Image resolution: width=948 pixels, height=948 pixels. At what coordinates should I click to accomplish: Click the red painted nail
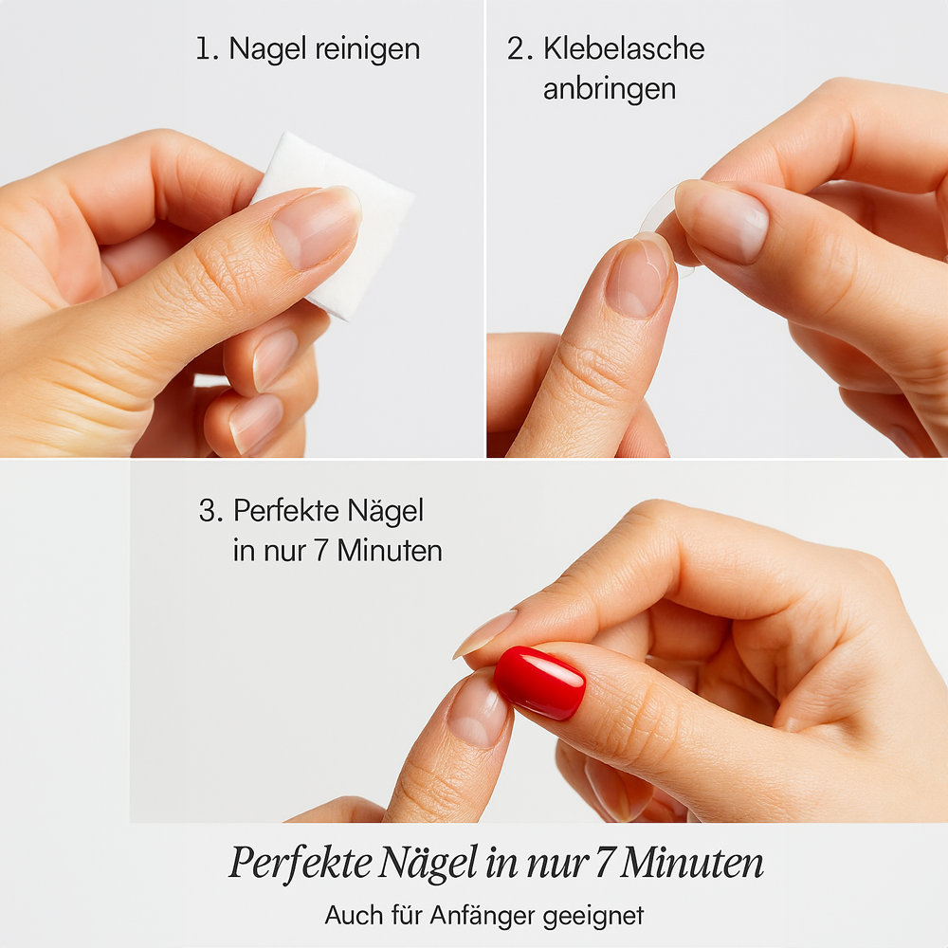click(539, 683)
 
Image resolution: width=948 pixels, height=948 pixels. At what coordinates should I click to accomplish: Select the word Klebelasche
click(624, 48)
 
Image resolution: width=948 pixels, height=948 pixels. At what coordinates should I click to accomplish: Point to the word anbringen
click(610, 89)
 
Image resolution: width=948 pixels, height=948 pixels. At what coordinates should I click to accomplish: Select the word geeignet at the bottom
click(593, 917)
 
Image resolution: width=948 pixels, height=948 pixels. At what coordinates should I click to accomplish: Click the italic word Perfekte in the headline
click(301, 862)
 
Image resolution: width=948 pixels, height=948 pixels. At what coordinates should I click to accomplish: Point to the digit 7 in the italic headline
click(604, 864)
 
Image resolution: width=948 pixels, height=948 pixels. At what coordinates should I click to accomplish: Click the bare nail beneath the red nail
click(478, 711)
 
